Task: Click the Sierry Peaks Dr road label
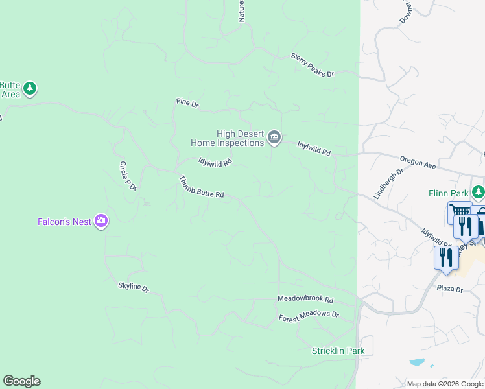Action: click(312, 65)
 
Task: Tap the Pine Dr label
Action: click(187, 102)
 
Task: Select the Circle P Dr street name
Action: click(127, 176)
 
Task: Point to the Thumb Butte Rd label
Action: click(201, 187)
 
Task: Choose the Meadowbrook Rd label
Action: click(305, 300)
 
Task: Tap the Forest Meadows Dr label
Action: click(309, 316)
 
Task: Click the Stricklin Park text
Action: click(338, 351)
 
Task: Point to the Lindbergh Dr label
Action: click(388, 183)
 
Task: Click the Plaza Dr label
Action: click(449, 289)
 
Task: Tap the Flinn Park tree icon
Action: click(478, 192)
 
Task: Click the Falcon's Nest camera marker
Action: click(101, 222)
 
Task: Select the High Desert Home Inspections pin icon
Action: click(274, 137)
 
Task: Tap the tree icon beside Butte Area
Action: click(30, 88)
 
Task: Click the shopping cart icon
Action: click(460, 211)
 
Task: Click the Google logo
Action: click(21, 381)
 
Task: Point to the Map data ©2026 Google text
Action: click(445, 384)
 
